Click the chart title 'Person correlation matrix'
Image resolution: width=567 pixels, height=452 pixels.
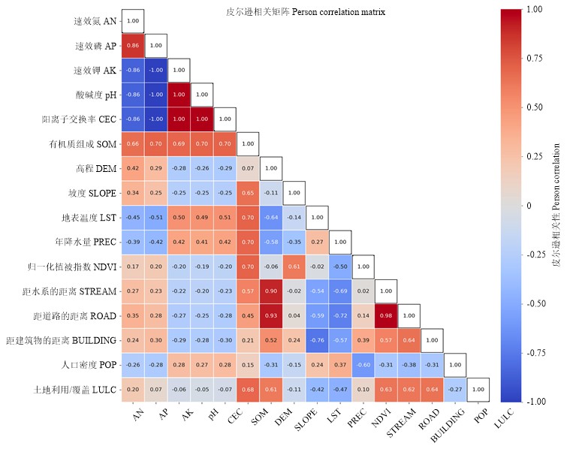click(x=306, y=13)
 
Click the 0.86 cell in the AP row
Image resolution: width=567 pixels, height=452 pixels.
click(x=133, y=46)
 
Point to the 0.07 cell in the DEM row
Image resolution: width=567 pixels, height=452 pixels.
click(x=248, y=168)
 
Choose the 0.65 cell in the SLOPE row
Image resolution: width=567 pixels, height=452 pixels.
click(x=248, y=193)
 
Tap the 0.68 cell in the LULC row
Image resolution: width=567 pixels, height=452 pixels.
click(x=248, y=389)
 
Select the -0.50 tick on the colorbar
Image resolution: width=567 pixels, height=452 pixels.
click(x=535, y=303)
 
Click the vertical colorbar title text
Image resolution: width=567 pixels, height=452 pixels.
click(x=556, y=205)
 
